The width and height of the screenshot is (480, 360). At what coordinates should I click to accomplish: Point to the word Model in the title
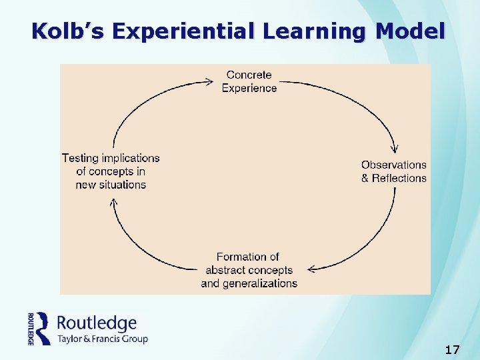(x=410, y=31)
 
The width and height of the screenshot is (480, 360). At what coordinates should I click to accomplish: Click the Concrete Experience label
(x=249, y=81)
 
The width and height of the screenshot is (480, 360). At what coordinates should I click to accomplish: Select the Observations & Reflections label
(x=393, y=171)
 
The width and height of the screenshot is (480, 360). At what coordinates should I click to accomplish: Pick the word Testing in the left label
(x=80, y=158)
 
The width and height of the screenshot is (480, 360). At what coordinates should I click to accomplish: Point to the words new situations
(x=111, y=185)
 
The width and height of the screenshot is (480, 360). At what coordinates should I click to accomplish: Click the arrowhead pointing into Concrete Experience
(x=210, y=83)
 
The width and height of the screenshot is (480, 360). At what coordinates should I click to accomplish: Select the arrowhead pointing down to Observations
(x=397, y=151)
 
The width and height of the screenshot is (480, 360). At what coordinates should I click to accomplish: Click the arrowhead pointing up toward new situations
(x=113, y=203)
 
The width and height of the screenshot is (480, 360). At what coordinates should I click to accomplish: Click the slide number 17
(x=452, y=349)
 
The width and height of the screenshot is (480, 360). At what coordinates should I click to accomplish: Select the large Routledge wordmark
(x=97, y=324)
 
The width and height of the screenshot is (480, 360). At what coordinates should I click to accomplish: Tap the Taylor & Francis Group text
(x=102, y=339)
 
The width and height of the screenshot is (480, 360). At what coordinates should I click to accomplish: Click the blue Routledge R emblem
(x=43, y=328)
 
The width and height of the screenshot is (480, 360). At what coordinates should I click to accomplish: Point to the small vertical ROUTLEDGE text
(x=31, y=329)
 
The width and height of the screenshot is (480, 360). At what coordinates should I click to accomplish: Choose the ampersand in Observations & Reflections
(x=365, y=179)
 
